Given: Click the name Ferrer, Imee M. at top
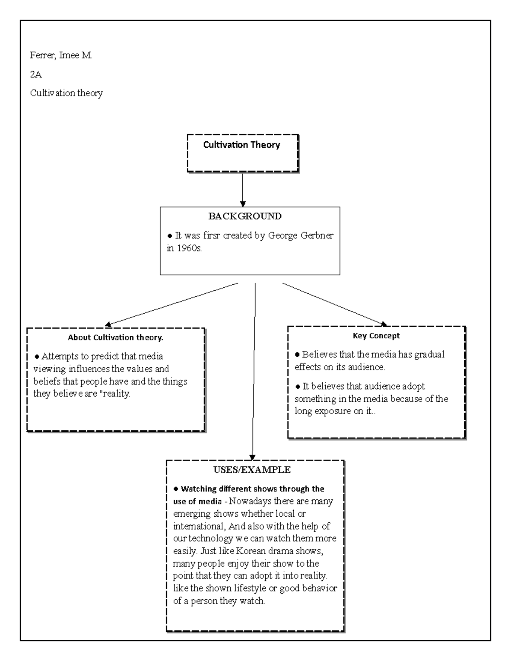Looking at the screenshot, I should click(61, 55).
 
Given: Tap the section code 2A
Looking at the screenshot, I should click(36, 74).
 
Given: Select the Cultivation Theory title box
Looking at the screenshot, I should click(242, 153).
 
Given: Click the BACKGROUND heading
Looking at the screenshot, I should click(245, 216).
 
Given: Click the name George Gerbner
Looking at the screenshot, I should click(301, 235).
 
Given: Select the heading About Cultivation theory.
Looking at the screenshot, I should click(115, 338).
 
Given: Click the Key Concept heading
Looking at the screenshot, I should click(376, 336).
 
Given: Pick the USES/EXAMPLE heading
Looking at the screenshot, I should click(252, 470).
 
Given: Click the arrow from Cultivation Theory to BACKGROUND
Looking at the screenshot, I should click(242, 189).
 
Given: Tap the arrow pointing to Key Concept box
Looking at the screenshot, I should click(334, 305).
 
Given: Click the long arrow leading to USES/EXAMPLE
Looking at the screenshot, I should click(254, 370).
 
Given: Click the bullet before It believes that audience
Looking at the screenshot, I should click(298, 386).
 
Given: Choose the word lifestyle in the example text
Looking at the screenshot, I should click(250, 589).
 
